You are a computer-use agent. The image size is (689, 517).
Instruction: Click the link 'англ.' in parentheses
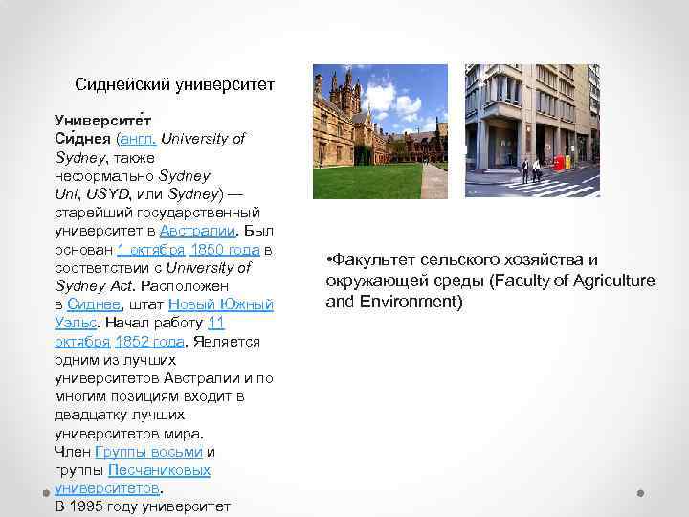(x=135, y=139)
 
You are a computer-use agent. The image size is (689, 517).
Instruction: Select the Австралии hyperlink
(x=200, y=231)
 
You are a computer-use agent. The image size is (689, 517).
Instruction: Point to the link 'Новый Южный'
(x=220, y=304)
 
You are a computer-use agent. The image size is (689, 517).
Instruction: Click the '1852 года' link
(x=148, y=342)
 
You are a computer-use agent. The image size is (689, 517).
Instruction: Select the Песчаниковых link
(x=160, y=470)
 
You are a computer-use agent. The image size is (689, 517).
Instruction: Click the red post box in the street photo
(x=563, y=164)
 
